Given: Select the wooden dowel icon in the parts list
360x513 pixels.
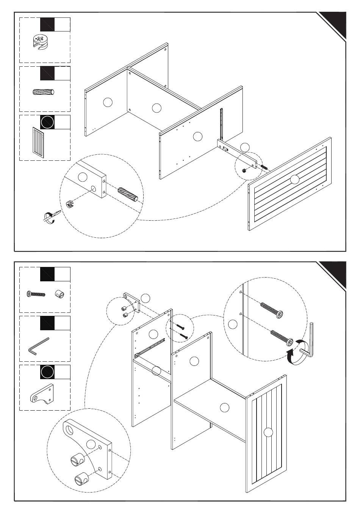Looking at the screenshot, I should coord(44,93).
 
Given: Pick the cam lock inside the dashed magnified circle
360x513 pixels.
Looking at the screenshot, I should coord(70,204).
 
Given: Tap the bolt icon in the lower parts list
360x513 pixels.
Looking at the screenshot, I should coord(36,294).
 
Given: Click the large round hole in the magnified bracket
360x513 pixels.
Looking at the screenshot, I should coord(70,430).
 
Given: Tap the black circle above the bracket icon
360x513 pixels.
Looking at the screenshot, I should coord(47,372).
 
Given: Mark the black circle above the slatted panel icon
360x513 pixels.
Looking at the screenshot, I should coord(47,122).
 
